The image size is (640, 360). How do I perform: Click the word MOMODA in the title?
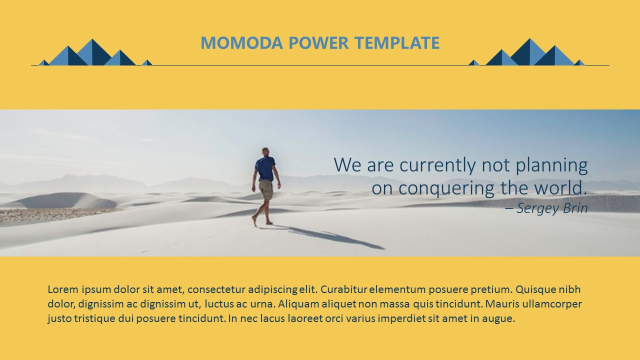241,43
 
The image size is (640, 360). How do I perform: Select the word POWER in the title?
318,43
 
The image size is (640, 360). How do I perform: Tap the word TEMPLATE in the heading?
397,43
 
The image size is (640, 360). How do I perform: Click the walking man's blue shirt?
265,168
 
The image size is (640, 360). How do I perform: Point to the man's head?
265,151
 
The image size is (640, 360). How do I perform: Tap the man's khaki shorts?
266,189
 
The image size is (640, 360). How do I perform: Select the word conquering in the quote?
446,188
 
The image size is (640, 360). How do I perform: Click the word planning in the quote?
551,165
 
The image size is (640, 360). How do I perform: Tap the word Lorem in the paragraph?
63,289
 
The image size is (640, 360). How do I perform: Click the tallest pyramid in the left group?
94,52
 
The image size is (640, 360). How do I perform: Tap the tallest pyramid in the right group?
529,52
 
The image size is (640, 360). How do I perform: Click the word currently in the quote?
437,165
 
